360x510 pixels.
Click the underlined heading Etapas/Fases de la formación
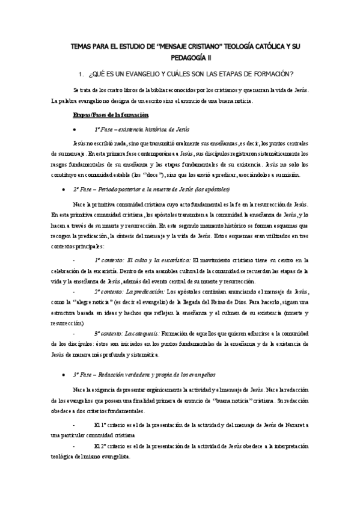(111, 114)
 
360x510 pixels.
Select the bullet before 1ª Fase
(73, 129)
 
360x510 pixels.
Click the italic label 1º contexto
(113, 260)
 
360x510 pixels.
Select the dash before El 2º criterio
(73, 446)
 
